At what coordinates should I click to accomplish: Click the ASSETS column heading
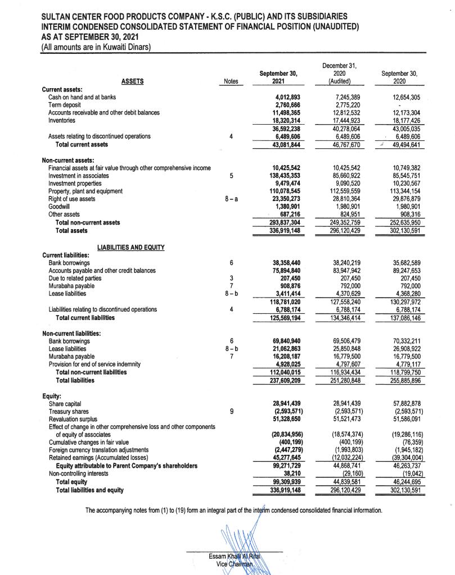tap(132, 81)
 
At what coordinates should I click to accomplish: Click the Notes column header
tap(231, 81)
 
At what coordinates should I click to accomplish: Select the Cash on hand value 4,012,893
tap(285, 97)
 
